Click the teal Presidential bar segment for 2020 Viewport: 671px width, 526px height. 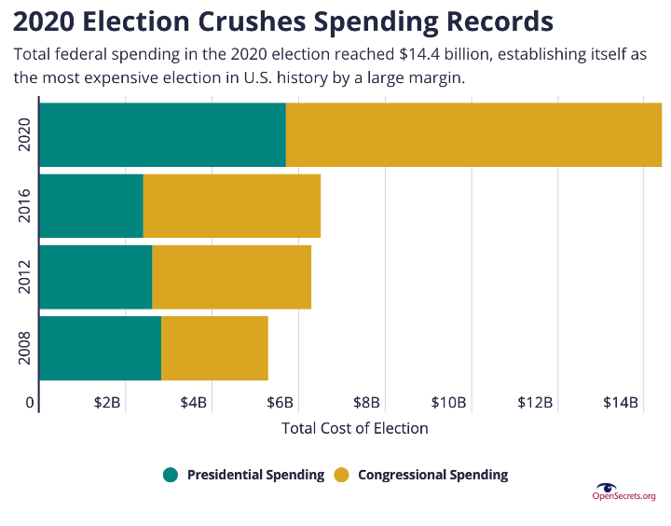coord(162,135)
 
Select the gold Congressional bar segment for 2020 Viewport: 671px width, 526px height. coord(473,135)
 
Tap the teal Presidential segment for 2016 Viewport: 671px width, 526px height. coord(90,206)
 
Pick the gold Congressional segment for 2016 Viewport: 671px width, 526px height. coord(231,206)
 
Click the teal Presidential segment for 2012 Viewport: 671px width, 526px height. coord(95,277)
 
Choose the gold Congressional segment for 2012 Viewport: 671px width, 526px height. coord(231,277)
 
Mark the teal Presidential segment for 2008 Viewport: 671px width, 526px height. coord(100,348)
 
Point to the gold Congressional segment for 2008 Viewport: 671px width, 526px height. coord(214,348)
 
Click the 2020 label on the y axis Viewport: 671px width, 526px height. coord(25,135)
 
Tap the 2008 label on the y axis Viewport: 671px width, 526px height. coord(25,348)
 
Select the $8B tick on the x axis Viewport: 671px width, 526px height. coord(367,403)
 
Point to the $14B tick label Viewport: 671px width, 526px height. coord(621,403)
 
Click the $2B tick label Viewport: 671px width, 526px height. coord(107,403)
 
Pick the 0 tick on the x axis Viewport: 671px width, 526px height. coord(30,403)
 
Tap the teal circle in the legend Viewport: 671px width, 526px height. coord(171,475)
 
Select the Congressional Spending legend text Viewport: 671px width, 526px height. coord(432,475)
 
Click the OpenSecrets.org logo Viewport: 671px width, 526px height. coord(623,492)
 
